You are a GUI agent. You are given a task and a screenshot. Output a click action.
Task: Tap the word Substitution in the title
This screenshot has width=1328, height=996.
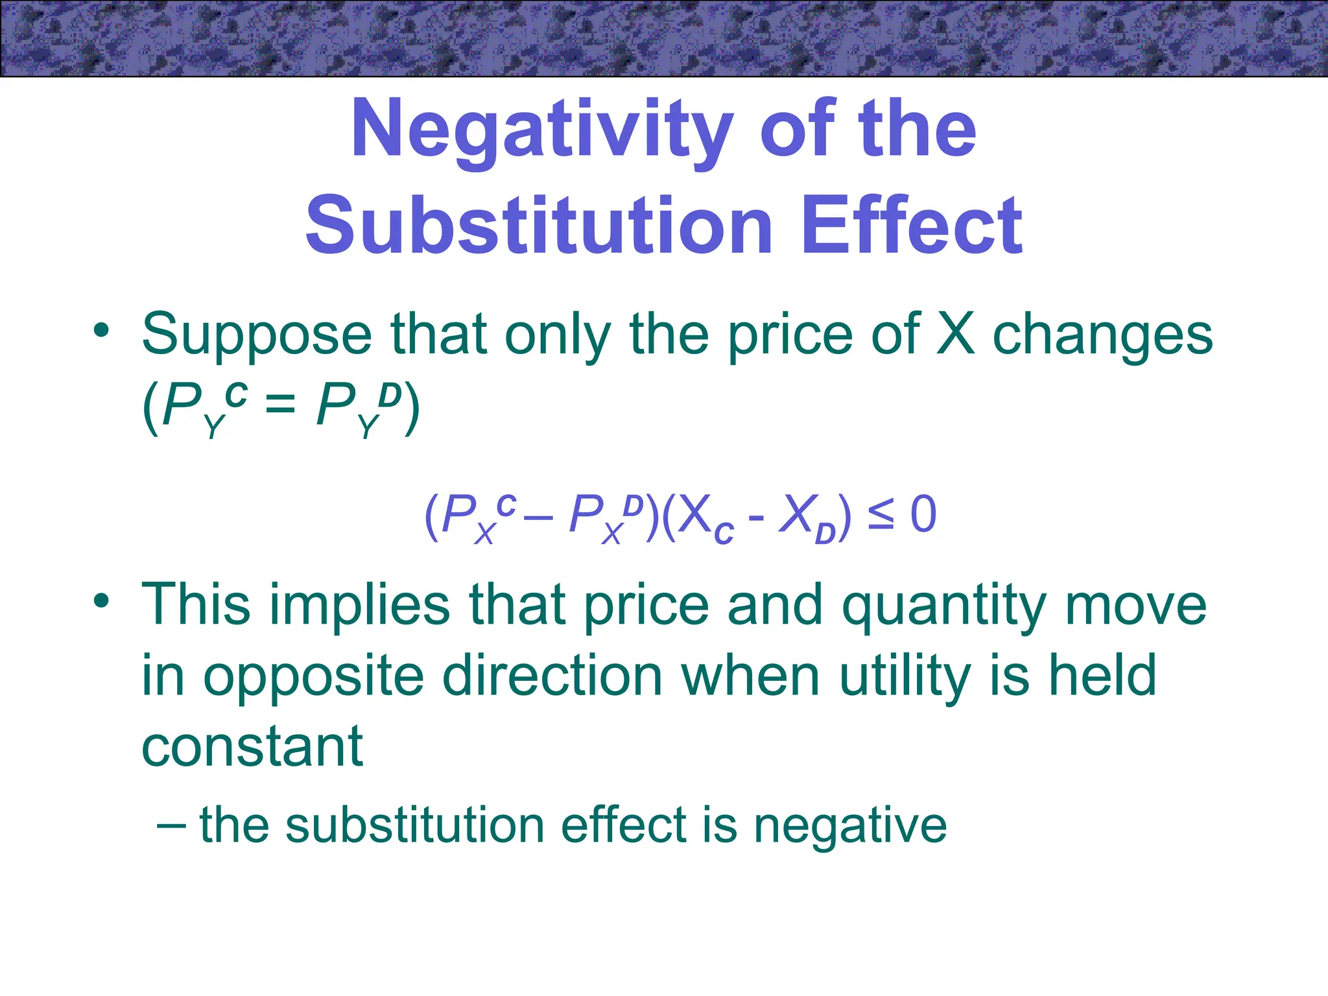click(x=538, y=225)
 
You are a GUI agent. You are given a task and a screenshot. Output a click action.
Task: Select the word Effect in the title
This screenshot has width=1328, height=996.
click(x=911, y=225)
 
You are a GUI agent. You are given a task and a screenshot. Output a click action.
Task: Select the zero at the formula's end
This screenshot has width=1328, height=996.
click(x=923, y=515)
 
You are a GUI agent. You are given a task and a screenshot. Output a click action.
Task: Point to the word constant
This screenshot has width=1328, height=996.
click(x=252, y=747)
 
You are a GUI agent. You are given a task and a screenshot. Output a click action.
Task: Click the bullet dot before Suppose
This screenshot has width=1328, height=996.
click(x=101, y=331)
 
